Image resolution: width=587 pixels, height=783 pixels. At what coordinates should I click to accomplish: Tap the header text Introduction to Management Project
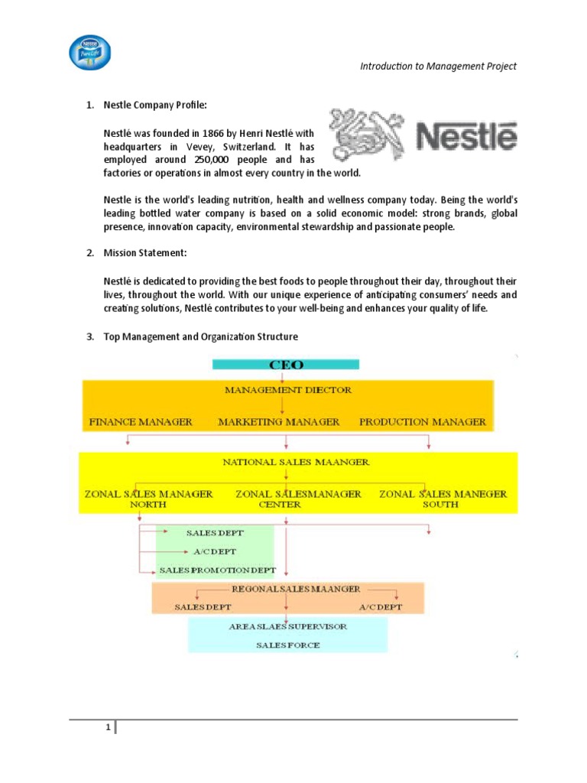pyautogui.click(x=438, y=66)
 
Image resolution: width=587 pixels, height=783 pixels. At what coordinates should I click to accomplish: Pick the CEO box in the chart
pyautogui.click(x=284, y=364)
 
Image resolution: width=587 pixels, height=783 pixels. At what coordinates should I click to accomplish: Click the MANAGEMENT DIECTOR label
pyautogui.click(x=288, y=390)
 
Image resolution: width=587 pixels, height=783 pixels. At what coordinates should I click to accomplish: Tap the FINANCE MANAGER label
pyautogui.click(x=141, y=422)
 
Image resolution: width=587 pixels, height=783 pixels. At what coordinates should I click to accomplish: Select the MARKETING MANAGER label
pyautogui.click(x=278, y=422)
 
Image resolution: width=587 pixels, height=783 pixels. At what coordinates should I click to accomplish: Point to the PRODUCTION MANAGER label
pyautogui.click(x=422, y=422)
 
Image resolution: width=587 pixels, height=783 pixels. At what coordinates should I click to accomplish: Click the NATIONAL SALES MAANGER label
pyautogui.click(x=296, y=462)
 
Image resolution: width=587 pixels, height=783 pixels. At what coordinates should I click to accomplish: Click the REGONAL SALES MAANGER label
pyautogui.click(x=296, y=590)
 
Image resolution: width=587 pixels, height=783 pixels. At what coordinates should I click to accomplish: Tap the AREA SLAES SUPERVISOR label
pyautogui.click(x=287, y=626)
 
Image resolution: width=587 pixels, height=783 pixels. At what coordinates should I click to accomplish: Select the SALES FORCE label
pyautogui.click(x=287, y=645)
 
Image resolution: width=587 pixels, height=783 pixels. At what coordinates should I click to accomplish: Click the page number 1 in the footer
pyautogui.click(x=109, y=727)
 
